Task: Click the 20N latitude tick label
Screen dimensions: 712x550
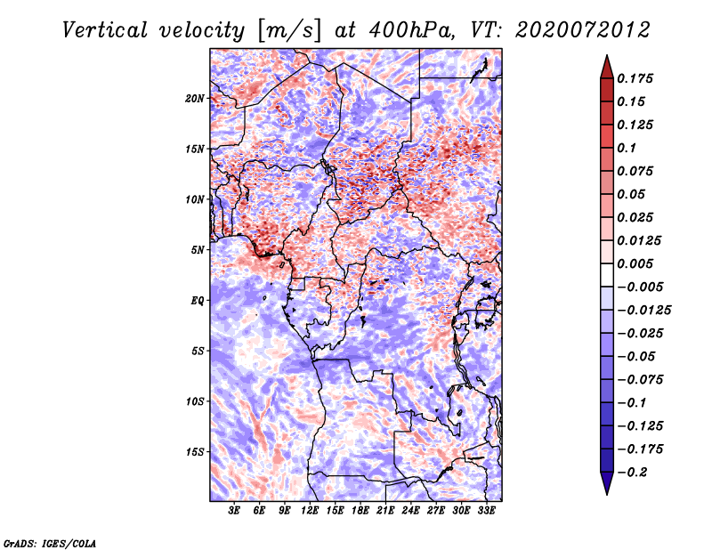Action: tap(195, 99)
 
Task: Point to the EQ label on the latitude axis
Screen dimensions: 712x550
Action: tap(198, 301)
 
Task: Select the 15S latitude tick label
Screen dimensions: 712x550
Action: tap(195, 452)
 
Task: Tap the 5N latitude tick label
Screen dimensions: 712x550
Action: tap(198, 250)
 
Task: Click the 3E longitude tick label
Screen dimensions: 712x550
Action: tap(234, 511)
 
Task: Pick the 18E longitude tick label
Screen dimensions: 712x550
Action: tap(360, 511)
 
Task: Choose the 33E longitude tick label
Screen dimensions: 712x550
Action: tap(486, 511)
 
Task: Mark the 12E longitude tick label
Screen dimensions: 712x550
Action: tap(310, 511)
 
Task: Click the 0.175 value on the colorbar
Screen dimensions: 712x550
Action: tap(635, 78)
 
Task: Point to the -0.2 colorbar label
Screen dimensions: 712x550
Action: tap(633, 473)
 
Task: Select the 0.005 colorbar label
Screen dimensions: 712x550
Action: tap(635, 263)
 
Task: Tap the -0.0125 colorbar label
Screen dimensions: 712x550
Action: tap(643, 311)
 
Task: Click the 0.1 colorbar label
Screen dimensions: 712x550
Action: tap(627, 148)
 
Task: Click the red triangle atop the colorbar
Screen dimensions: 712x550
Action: tap(607, 67)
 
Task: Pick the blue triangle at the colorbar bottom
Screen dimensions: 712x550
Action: tap(607, 483)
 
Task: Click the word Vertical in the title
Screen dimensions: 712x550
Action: tap(104, 30)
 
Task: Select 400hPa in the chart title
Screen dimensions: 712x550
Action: tap(412, 30)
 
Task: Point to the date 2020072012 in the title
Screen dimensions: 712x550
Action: tap(583, 30)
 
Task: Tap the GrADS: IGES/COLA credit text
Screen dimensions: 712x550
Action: tap(50, 543)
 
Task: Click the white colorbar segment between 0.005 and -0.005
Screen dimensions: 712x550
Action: tap(607, 275)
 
